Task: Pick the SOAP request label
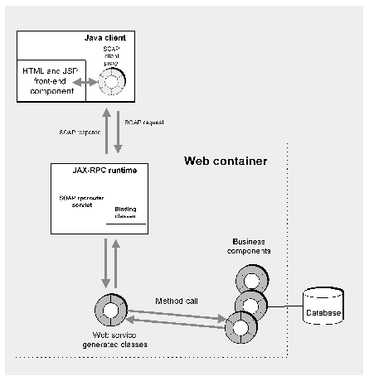(x=143, y=123)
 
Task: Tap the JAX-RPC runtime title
(x=92, y=171)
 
